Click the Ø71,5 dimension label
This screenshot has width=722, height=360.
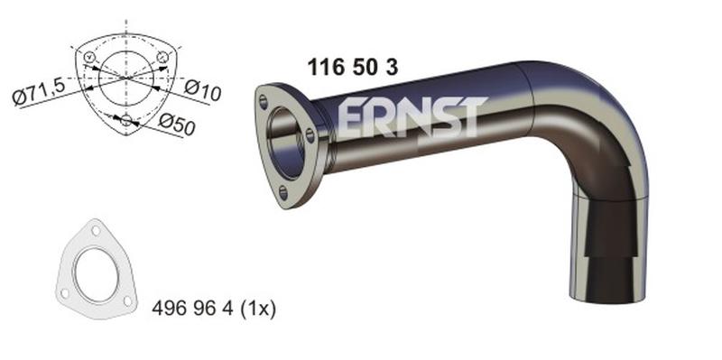pos(40,92)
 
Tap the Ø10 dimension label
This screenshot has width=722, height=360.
pos(203,88)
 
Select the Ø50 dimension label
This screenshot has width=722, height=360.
pos(177,124)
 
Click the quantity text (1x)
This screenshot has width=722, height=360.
pos(258,308)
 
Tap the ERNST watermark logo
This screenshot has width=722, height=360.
pos(412,117)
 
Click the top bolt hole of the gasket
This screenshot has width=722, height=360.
pos(96,230)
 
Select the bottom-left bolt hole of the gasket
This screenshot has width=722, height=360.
pos(65,293)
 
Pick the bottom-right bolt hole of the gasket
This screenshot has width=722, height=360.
pos(128,301)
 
